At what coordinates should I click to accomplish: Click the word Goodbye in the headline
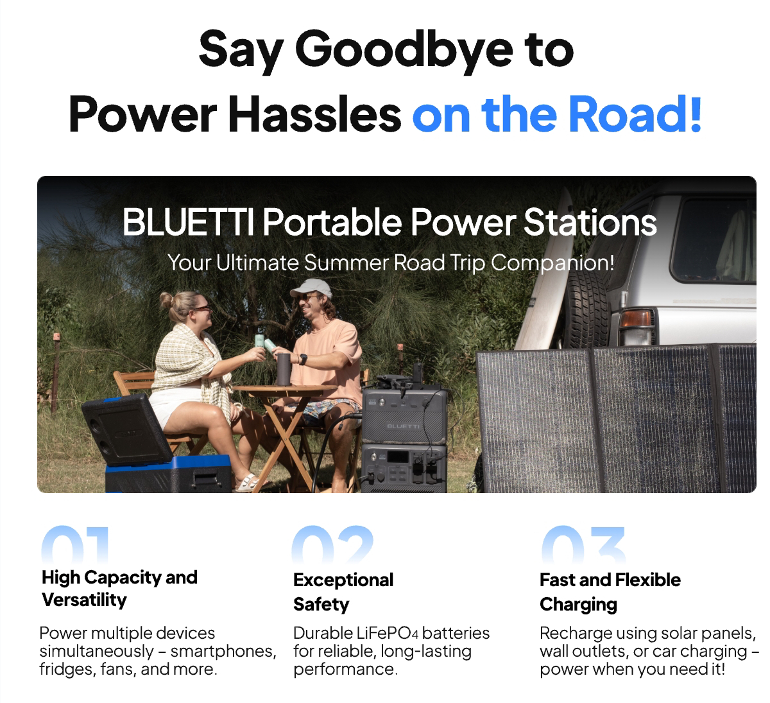click(x=404, y=51)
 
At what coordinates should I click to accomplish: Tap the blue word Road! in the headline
click(x=635, y=114)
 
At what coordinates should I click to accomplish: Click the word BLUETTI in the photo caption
click(x=188, y=222)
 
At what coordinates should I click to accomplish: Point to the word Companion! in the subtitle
click(x=552, y=263)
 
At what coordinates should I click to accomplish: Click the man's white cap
click(x=312, y=288)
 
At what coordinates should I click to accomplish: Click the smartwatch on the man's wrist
click(x=303, y=360)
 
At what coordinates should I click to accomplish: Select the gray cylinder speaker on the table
click(x=284, y=369)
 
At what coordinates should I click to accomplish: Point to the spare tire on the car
click(x=586, y=308)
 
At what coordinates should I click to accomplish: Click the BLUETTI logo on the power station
click(x=403, y=426)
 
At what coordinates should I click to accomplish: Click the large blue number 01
click(x=75, y=543)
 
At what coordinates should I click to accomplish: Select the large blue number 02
click(x=332, y=543)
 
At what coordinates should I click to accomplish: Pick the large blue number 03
click(x=583, y=543)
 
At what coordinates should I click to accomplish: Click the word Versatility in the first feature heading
click(x=84, y=600)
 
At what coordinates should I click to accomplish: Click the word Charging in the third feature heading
click(x=578, y=605)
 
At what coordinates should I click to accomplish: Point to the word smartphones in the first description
click(x=223, y=651)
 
